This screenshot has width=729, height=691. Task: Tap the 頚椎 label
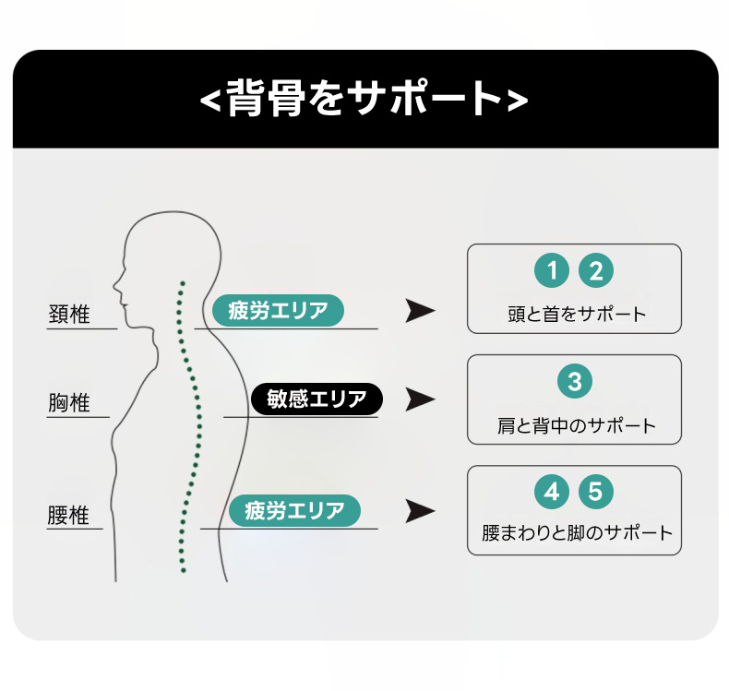pos(69,315)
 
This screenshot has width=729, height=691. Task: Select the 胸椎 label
pos(69,403)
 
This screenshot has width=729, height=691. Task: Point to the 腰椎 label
pos(69,514)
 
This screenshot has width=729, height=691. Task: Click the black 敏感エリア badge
pos(317,399)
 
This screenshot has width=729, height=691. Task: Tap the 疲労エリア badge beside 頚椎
pos(278,310)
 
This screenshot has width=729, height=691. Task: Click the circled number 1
pos(552,271)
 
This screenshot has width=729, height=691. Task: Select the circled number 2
pos(596,271)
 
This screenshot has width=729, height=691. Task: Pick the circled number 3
pos(574,381)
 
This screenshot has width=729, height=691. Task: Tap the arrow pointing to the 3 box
pos(420,399)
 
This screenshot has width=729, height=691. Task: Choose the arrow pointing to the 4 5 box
pos(420,510)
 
